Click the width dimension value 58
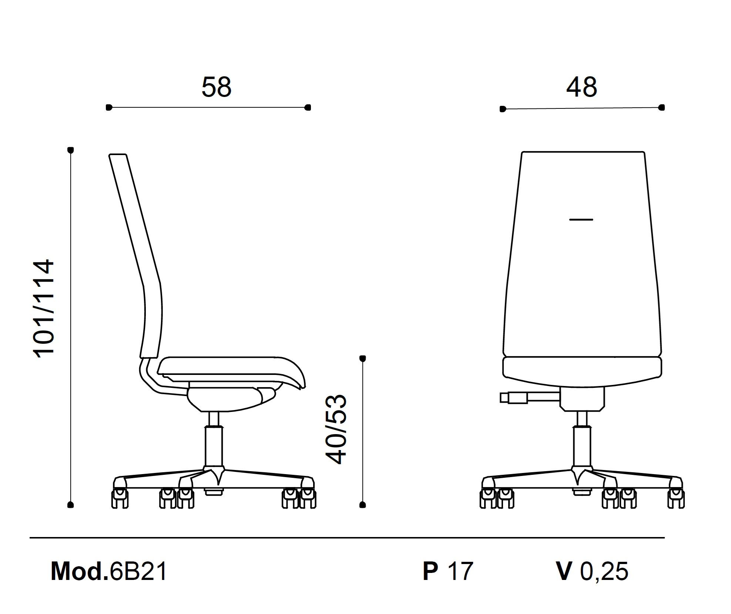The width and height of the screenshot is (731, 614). point(217,87)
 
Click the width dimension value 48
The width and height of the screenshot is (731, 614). point(581,87)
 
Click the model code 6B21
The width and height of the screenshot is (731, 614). point(138,571)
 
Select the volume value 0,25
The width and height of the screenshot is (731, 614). point(604,571)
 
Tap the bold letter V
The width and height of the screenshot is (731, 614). point(564,571)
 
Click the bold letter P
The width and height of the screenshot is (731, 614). point(430,571)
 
